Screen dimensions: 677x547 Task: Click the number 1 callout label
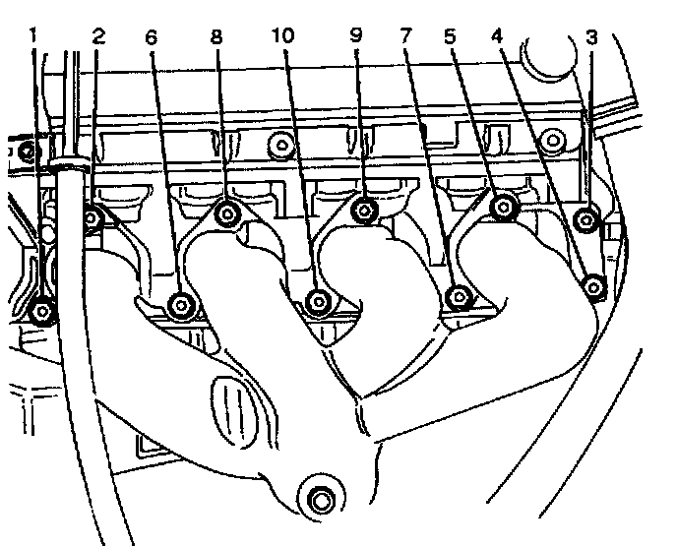point(33,37)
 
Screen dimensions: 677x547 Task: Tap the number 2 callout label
point(97,37)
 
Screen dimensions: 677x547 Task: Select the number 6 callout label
point(151,37)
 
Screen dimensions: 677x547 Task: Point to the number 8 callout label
point(217,37)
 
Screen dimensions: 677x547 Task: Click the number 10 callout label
point(283,37)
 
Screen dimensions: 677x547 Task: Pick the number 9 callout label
point(356,37)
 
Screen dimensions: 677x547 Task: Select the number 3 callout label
point(590,37)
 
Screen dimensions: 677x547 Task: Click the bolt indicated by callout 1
point(41,312)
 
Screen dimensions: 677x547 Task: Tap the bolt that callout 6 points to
point(180,305)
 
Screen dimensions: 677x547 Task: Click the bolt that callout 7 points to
point(458,296)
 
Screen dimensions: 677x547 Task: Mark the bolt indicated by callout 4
point(593,286)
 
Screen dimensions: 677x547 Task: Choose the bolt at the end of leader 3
point(587,220)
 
